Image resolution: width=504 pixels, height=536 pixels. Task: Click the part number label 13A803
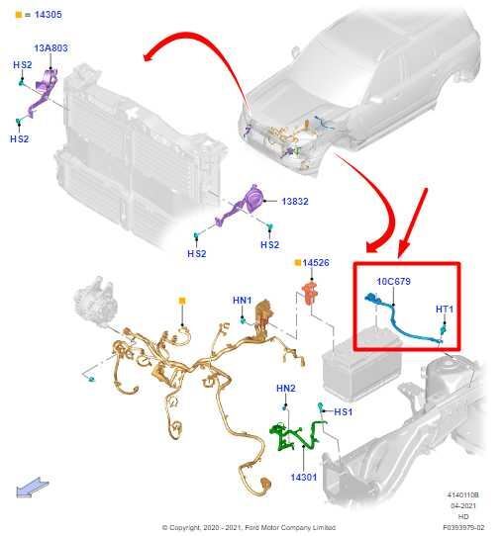click(x=50, y=48)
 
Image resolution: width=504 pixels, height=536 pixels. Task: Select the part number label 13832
click(x=295, y=202)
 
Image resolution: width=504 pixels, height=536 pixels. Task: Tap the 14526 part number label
click(x=316, y=262)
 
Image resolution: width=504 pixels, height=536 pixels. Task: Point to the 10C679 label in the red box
click(x=393, y=281)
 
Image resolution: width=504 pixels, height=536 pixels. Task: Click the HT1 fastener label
click(x=445, y=309)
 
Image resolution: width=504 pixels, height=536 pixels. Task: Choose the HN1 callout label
click(x=242, y=300)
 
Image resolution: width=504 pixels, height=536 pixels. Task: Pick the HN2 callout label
click(x=286, y=389)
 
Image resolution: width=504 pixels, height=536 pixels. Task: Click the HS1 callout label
click(x=343, y=412)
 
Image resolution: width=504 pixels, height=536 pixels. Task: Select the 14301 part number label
click(x=304, y=477)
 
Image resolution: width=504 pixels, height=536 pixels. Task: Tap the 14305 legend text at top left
click(x=48, y=15)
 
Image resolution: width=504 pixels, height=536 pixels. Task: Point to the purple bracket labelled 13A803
click(x=43, y=92)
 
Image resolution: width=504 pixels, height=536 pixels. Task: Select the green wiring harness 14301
click(x=297, y=435)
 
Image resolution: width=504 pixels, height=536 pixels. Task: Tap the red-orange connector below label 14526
click(x=310, y=293)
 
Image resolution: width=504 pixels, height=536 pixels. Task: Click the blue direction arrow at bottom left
click(x=32, y=488)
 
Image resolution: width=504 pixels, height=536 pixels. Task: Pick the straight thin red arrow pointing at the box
click(x=413, y=223)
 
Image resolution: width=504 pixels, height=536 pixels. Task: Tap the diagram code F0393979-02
click(x=463, y=527)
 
